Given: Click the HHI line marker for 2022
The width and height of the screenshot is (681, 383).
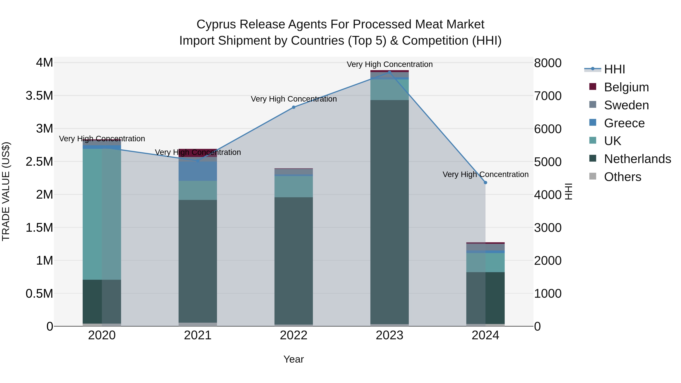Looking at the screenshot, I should [293, 107].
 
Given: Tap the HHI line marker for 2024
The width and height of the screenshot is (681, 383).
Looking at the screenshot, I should [485, 183].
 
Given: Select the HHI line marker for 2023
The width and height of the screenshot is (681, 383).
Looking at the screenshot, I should [389, 72].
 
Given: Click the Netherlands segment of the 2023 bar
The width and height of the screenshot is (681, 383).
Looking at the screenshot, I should [389, 211].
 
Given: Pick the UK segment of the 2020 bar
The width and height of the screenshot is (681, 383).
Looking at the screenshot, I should [102, 214].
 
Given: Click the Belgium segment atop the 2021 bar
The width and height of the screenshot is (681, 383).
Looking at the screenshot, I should [198, 151].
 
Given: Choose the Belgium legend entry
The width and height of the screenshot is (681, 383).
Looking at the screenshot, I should [626, 87].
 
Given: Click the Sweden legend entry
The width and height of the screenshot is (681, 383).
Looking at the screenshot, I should [626, 105].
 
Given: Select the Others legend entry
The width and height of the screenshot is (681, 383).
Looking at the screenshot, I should [622, 177].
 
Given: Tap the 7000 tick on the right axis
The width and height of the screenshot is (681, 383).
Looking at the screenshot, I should [547, 96].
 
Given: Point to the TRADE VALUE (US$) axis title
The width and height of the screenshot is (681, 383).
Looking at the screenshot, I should [6, 191].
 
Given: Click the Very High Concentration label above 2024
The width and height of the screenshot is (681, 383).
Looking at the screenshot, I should [485, 174].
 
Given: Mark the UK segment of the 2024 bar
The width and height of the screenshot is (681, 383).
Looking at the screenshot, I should [485, 263].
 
